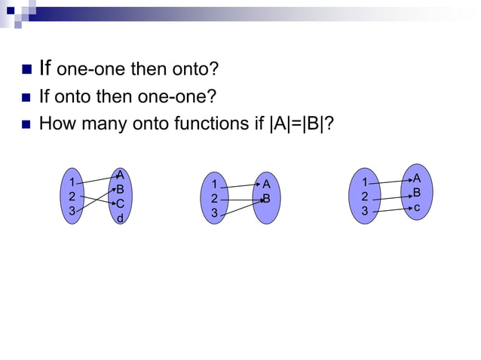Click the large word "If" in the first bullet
pyautogui.click(x=44, y=69)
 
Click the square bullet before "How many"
pyautogui.click(x=23, y=123)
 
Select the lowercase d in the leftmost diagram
pyautogui.click(x=120, y=218)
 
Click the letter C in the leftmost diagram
pyautogui.click(x=120, y=204)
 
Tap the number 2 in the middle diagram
pyautogui.click(x=215, y=199)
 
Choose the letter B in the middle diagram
pyautogui.click(x=266, y=199)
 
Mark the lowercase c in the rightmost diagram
pyautogui.click(x=416, y=206)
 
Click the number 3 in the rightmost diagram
pyautogui.click(x=365, y=212)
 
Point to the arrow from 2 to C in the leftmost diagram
pyautogui.click(x=97, y=200)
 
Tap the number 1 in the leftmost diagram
pyautogui.click(x=72, y=182)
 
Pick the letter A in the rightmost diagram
pyautogui.click(x=416, y=178)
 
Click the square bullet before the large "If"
pyautogui.click(x=23, y=71)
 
